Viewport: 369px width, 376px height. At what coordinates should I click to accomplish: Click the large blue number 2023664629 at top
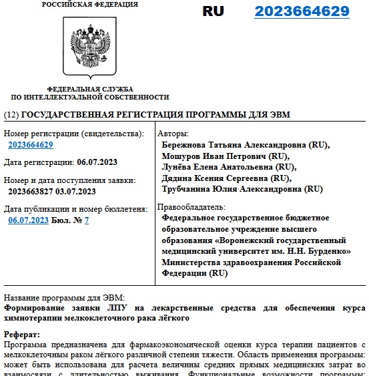click(x=302, y=11)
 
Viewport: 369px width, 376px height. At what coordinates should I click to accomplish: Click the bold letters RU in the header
click(x=214, y=11)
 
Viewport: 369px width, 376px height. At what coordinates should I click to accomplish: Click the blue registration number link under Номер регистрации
click(x=31, y=145)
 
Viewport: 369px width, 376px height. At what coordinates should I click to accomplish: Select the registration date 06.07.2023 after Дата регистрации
click(x=97, y=162)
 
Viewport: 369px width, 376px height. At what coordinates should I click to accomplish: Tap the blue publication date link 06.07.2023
click(x=29, y=220)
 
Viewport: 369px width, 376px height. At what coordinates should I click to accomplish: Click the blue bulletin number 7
click(x=87, y=220)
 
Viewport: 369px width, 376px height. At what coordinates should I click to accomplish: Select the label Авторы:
click(x=175, y=134)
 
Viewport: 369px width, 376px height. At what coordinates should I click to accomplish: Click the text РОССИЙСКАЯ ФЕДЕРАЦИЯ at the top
click(x=90, y=5)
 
